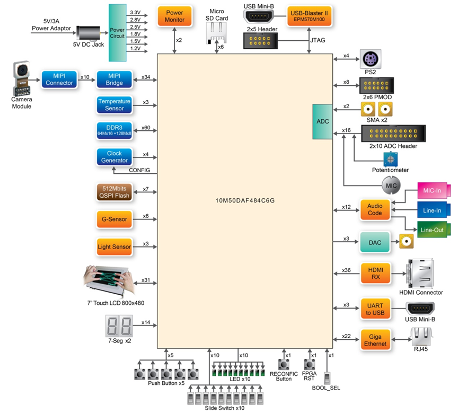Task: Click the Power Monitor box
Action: click(x=174, y=16)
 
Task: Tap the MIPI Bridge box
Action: click(x=114, y=80)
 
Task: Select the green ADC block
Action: click(x=323, y=121)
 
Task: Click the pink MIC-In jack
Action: click(x=433, y=191)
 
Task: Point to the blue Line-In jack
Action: click(x=433, y=210)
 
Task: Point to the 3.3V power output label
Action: click(x=135, y=12)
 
